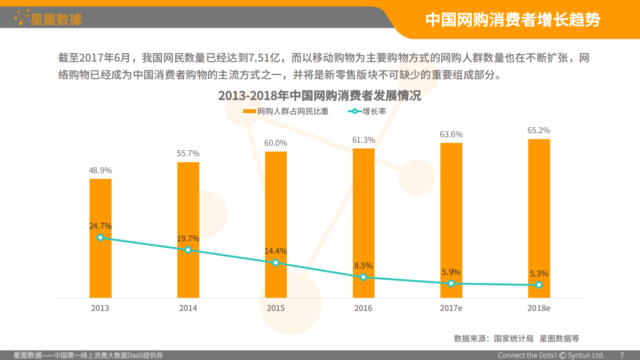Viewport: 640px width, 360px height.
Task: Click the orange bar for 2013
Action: click(100, 210)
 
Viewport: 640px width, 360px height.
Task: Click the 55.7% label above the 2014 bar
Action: click(188, 154)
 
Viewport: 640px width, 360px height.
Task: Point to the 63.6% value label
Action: click(451, 135)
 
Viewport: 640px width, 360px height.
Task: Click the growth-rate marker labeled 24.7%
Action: click(100, 237)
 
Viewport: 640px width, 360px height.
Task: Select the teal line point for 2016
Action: click(363, 277)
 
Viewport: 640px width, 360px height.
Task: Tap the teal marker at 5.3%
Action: click(538, 285)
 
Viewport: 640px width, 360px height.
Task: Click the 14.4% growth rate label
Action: click(276, 251)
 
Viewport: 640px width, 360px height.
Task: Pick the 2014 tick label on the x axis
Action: click(188, 308)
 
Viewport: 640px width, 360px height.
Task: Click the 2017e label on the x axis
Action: click(451, 308)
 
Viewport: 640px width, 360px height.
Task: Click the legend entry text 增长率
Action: click(374, 112)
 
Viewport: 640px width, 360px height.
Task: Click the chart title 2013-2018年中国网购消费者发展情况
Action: click(319, 96)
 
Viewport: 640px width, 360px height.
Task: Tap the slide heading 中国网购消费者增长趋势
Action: click(512, 20)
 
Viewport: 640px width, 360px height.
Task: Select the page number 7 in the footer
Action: click(622, 355)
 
